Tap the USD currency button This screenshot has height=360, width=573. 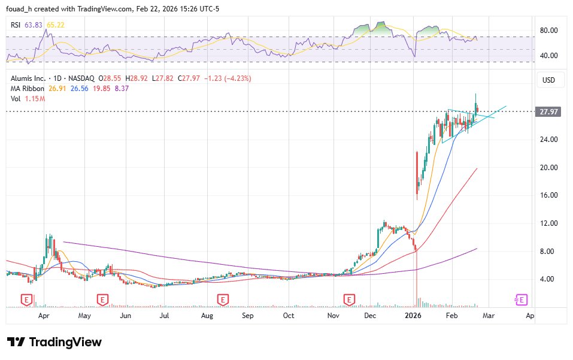548,80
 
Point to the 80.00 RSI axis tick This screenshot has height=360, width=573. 550,30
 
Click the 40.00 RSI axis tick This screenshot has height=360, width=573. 550,56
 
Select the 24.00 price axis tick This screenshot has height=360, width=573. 550,140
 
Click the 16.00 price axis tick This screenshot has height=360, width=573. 550,195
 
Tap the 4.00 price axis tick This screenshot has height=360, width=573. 550,279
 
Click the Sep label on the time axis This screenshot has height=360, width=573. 247,314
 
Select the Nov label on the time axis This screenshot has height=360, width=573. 334,314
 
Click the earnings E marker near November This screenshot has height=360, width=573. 348,299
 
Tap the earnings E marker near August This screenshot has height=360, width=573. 223,299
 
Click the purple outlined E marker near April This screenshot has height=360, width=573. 522,299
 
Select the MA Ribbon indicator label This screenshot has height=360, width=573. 27,88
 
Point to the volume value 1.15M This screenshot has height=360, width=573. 35,98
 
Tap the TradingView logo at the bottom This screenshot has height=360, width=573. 54,342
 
